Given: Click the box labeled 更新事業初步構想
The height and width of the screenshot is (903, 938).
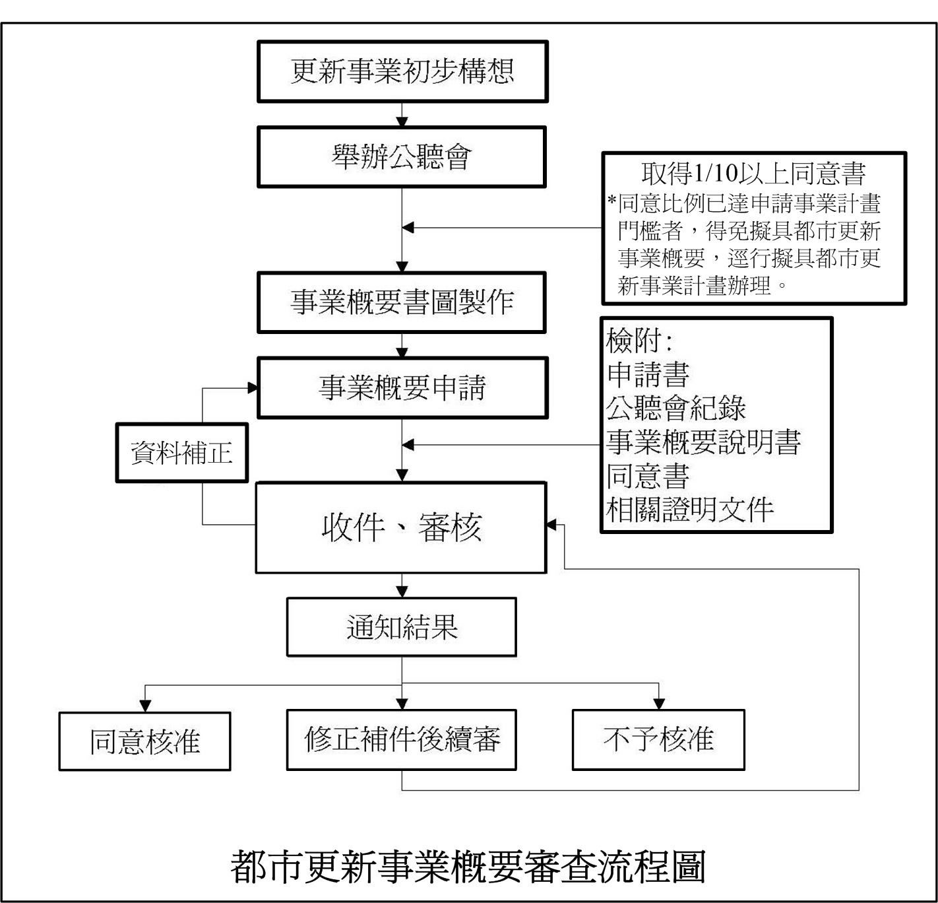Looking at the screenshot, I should [402, 71].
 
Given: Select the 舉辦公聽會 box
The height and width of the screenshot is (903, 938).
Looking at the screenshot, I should [401, 157].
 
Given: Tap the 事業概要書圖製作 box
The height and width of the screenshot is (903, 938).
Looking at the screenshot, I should [401, 302].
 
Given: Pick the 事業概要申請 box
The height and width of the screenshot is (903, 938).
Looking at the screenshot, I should [402, 387].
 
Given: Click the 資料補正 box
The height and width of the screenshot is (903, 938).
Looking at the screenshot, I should [181, 453].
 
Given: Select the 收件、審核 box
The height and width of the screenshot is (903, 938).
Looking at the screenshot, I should [401, 527].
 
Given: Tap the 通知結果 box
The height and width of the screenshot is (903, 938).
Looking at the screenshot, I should [401, 627].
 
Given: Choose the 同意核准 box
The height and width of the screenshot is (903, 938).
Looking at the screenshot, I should [144, 741].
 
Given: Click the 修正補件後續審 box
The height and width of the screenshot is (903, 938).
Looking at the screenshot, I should [401, 739].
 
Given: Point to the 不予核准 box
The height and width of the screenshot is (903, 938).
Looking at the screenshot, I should [658, 739].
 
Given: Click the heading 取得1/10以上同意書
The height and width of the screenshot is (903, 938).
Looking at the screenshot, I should [753, 173].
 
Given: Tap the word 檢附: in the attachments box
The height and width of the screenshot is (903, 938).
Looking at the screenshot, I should [639, 341].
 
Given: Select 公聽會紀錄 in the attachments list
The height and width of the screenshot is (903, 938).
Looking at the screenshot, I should [675, 408].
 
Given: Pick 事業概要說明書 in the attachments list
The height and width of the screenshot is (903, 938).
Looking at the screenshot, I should [703, 442].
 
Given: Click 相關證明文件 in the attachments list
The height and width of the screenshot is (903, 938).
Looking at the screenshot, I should [689, 509].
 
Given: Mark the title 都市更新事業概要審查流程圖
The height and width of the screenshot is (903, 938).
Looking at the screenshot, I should [468, 866].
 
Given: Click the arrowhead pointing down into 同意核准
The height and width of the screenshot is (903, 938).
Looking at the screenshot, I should [145, 705].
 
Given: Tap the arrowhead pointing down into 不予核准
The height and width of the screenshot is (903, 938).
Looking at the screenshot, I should [658, 704].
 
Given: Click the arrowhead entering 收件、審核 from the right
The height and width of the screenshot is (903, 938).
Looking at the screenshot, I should [552, 525].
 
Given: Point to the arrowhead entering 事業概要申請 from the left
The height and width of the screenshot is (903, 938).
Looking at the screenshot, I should [252, 387].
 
